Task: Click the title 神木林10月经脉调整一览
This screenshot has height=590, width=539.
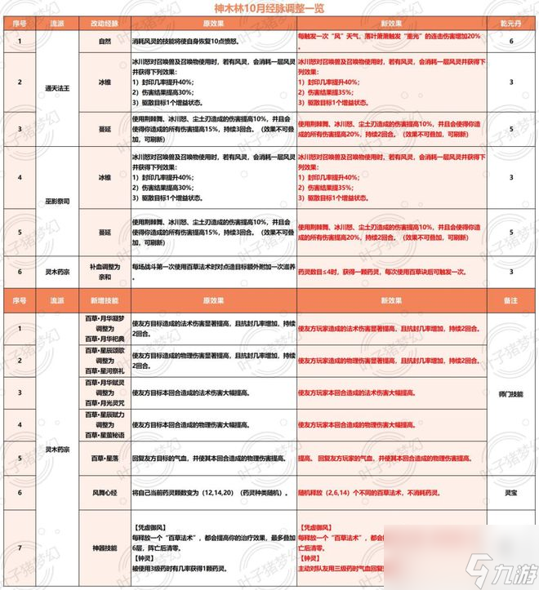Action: point(269,7)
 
